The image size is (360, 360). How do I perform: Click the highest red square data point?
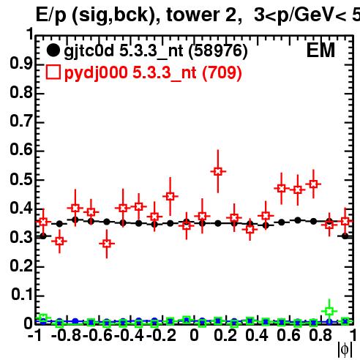point(218,171)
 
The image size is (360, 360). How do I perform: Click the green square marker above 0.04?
point(329,311)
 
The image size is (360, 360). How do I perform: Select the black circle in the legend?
point(53,50)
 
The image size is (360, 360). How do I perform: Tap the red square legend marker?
point(53,72)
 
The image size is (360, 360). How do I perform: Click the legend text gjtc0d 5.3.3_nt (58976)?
point(156,51)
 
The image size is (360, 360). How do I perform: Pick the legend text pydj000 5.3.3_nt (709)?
point(153,73)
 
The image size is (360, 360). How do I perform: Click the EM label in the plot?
point(320,50)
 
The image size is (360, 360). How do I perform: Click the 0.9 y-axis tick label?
point(21,64)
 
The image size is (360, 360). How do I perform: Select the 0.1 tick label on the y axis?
point(21,295)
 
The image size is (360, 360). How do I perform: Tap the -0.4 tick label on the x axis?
point(130,335)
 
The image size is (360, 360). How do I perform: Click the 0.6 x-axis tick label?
point(288,335)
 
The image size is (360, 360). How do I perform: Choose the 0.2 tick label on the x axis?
point(225,335)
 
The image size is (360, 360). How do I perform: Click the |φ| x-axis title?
point(345,350)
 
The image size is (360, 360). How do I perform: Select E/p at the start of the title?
point(51,16)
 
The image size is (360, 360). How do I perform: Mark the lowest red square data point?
point(107,244)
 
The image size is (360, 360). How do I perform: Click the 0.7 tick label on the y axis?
point(21,121)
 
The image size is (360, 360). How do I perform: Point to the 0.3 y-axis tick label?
point(21,237)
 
